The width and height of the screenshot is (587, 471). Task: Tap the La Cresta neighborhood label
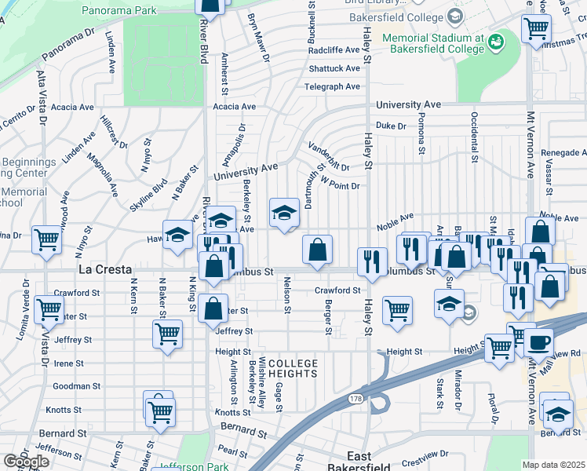pos(106,269)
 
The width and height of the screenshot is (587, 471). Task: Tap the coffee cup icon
pos(539,342)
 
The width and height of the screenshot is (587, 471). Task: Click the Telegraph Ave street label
pos(332,86)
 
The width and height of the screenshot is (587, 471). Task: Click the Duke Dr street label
pos(390,126)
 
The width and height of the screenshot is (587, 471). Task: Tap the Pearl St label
pos(232,450)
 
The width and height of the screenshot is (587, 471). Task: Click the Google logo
pos(26,461)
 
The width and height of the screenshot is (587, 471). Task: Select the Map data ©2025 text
pos(554,465)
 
